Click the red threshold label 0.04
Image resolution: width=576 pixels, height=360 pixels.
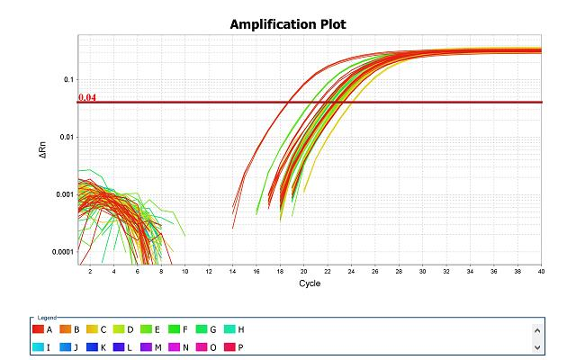click(86, 97)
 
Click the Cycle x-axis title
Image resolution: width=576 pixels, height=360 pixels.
click(310, 283)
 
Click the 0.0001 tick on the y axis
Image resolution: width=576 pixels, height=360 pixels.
click(60, 252)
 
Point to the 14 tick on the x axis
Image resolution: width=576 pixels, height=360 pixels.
click(232, 271)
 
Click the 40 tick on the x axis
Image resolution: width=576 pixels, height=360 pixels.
click(541, 271)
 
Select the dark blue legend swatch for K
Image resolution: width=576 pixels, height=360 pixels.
click(92, 346)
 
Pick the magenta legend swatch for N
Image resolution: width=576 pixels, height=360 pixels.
click(168, 346)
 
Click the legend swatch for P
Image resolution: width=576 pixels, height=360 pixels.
click(220, 346)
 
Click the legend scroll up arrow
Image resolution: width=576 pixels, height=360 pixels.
click(538, 329)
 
